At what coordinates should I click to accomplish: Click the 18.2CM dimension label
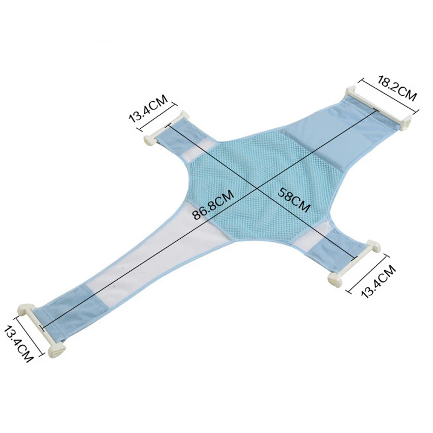tap(397, 88)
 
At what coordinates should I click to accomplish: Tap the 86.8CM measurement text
tap(213, 205)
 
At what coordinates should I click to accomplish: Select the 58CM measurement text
tap(294, 199)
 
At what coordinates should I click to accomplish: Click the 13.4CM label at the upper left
tap(148, 108)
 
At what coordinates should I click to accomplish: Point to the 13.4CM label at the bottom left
tap(18, 344)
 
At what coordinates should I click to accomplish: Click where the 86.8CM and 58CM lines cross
tap(258, 189)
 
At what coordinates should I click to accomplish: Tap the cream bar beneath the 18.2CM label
tap(379, 108)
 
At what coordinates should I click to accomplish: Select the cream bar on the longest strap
tap(42, 330)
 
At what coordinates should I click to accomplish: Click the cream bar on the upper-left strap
tap(166, 128)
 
